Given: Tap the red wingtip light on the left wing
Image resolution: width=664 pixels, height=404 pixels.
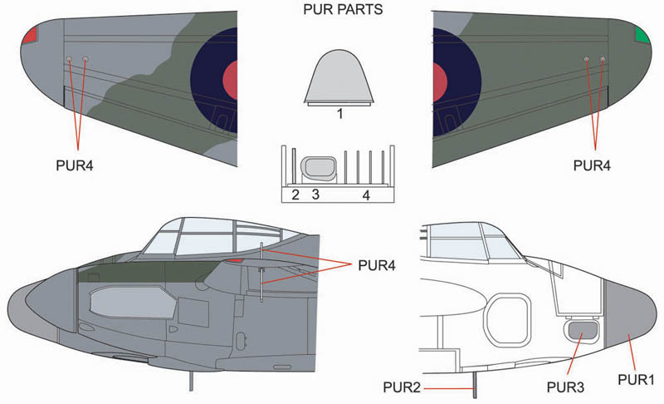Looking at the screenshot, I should tap(31, 34).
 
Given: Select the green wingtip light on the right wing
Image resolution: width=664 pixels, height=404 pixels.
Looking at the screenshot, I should tap(642, 34).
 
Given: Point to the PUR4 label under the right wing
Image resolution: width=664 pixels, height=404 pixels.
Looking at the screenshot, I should tap(592, 165).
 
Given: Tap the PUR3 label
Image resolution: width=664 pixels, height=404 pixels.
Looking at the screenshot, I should tap(564, 387).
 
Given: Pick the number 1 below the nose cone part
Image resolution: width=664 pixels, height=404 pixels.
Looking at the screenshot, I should tap(340, 114).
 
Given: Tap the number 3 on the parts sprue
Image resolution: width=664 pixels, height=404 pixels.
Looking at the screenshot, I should tap(315, 195).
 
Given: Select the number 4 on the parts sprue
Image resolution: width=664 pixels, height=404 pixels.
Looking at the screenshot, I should tap(366, 195).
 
